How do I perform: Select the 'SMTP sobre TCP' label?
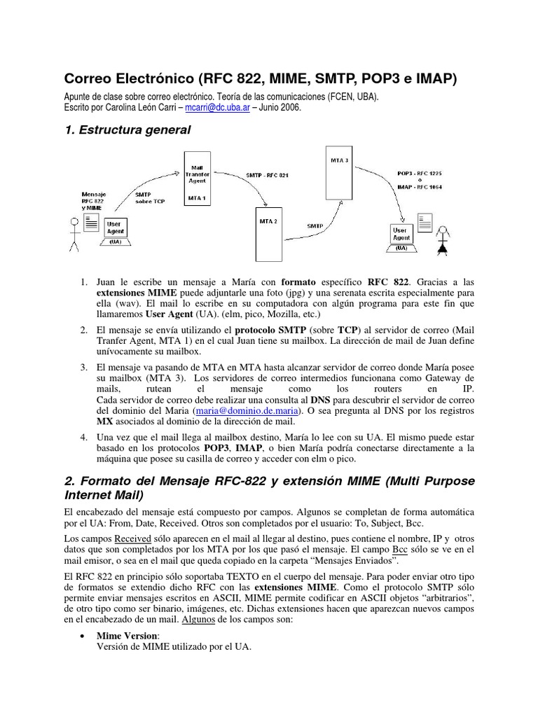(x=150, y=197)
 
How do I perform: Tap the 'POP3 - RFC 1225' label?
(x=419, y=172)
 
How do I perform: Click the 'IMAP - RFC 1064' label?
(x=419, y=186)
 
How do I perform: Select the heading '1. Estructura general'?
(x=127, y=130)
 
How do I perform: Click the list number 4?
(x=83, y=436)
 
